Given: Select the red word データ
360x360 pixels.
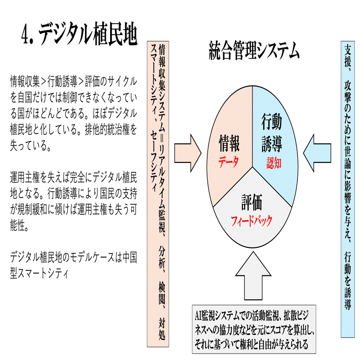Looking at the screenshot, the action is click(229, 161).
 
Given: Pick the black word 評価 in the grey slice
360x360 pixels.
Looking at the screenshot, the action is click(252, 203).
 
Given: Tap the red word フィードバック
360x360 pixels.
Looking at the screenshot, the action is click(252, 220).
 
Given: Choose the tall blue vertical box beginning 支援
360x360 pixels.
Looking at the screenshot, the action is click(348, 188).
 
